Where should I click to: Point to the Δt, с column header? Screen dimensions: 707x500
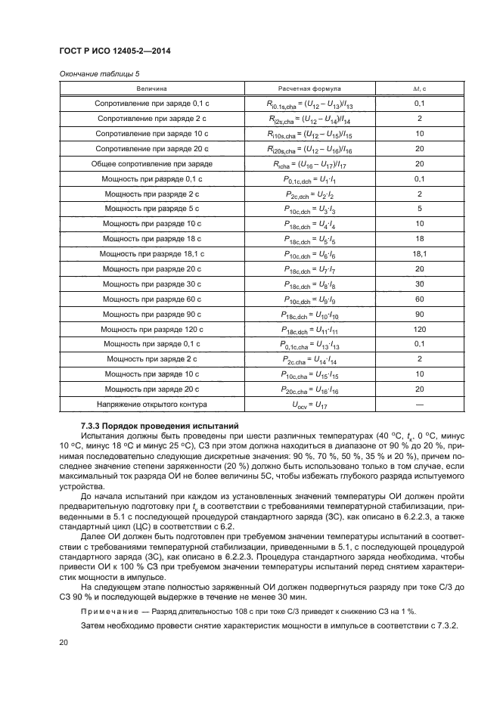point(419,88)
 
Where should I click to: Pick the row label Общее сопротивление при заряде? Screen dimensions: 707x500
point(152,163)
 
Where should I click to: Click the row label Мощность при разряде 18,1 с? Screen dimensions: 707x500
point(152,254)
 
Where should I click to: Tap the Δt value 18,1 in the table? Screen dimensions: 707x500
point(419,254)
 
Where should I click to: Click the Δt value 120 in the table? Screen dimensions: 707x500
point(419,330)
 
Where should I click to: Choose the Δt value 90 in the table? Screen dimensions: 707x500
point(419,314)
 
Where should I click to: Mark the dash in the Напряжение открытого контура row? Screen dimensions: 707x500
point(419,405)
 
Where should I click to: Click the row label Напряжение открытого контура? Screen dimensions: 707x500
point(152,405)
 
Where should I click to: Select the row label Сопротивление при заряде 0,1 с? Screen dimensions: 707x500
point(152,103)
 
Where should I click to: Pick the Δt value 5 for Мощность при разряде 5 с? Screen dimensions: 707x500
point(419,208)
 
